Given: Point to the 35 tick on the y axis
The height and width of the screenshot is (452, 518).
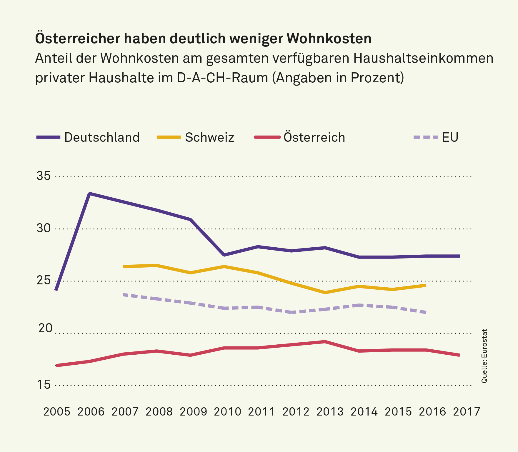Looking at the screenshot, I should (44, 176).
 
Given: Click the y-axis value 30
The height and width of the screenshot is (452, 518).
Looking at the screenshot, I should (44, 228).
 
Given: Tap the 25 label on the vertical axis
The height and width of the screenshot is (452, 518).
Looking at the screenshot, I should (44, 281).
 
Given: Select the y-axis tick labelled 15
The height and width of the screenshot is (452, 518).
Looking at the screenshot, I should (44, 385).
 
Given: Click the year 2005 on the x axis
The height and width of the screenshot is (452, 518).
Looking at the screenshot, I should (57, 412).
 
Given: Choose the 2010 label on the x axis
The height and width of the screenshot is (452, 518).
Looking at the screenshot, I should (227, 412).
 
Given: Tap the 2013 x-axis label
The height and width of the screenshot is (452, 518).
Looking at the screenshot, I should (330, 412).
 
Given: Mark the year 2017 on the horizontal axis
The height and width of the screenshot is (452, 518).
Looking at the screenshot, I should (467, 412).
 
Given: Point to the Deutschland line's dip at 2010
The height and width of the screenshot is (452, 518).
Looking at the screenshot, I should (224, 255).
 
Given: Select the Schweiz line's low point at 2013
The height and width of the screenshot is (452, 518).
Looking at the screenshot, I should (325, 293).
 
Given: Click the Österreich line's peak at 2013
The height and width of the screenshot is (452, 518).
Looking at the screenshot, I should (325, 341).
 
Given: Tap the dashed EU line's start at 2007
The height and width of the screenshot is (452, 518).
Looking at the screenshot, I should (124, 294).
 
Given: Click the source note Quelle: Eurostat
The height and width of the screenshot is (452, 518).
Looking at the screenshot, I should (484, 356).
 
